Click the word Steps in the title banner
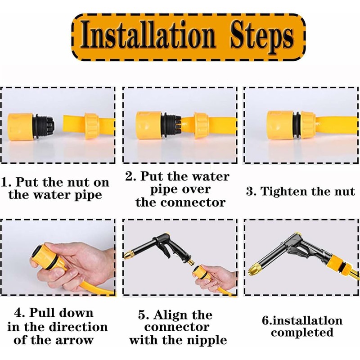pyautogui.click(x=262, y=37)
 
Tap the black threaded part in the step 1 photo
pyautogui.click(x=44, y=126)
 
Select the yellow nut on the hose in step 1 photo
pyautogui.click(x=92, y=126)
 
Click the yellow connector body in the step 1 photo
pyautogui.click(x=21, y=126)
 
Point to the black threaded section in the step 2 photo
pyautogui.click(x=171, y=126)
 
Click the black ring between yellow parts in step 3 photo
pyautogui.click(x=297, y=125)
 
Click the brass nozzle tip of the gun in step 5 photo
pyautogui.click(x=129, y=255)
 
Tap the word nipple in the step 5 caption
pyautogui.click(x=206, y=341)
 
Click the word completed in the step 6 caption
pyautogui.click(x=302, y=333)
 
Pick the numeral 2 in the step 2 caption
pyautogui.click(x=129, y=177)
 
